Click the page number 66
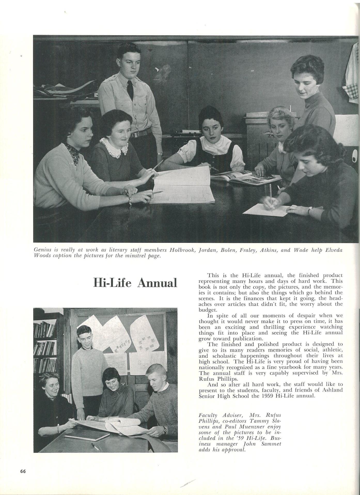coord(23,471)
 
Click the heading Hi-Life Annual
coord(135,283)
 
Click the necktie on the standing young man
coord(130,87)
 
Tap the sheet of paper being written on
coord(266,209)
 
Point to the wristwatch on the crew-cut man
coord(164,429)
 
